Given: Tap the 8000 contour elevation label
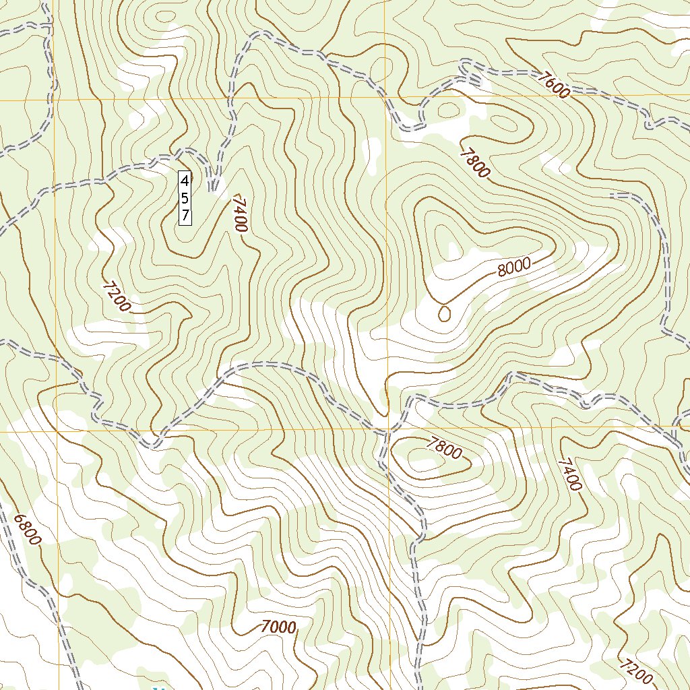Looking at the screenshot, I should pyautogui.click(x=514, y=268).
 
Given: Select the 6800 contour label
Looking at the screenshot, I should pyautogui.click(x=28, y=530).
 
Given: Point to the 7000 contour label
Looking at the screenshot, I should pyautogui.click(x=278, y=627).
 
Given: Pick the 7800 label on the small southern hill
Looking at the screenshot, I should pyautogui.click(x=445, y=448).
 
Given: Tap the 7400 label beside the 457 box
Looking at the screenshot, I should pyautogui.click(x=239, y=214).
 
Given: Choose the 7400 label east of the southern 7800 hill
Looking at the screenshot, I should pyautogui.click(x=569, y=474).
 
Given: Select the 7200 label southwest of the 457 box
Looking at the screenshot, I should pyautogui.click(x=117, y=297).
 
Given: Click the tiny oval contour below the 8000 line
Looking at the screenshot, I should pyautogui.click(x=444, y=313).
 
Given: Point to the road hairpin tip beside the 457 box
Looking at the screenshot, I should pyautogui.click(x=213, y=189).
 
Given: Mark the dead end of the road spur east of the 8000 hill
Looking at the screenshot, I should pyautogui.click(x=612, y=195).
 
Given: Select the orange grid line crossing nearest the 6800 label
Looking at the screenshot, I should pyautogui.click(x=58, y=429).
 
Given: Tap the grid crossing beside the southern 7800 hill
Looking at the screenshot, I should pyautogui.click(x=387, y=429).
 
